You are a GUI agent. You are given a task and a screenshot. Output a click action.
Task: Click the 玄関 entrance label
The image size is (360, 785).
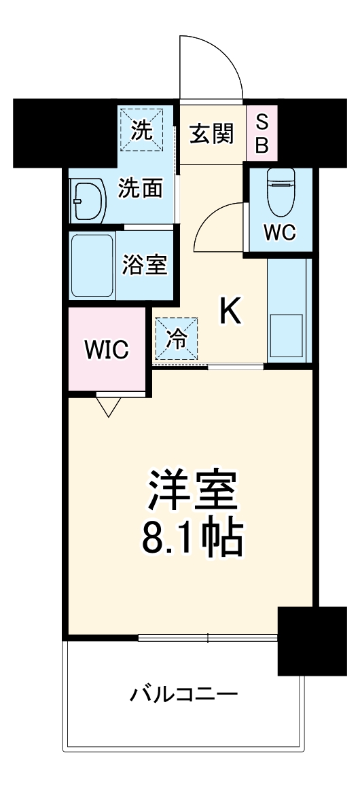point(211,134)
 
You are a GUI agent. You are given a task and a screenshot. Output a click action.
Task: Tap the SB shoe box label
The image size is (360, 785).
point(262,134)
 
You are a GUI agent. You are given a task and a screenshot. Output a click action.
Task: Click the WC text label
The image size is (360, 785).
point(279,233)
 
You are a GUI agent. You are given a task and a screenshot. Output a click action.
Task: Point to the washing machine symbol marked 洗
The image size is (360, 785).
point(142,129)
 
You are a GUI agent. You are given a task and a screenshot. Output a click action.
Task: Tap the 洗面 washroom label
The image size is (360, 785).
point(141,188)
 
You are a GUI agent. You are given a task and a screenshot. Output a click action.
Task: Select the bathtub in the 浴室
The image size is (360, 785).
point(92,266)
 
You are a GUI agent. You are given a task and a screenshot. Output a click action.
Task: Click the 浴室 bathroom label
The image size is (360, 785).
point(144,266)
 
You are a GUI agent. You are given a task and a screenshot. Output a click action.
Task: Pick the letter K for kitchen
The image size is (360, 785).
point(230,312)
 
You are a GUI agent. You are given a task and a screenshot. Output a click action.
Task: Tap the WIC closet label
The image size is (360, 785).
point(105,351)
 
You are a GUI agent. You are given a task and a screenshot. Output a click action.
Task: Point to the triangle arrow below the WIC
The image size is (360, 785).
point(109,407)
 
